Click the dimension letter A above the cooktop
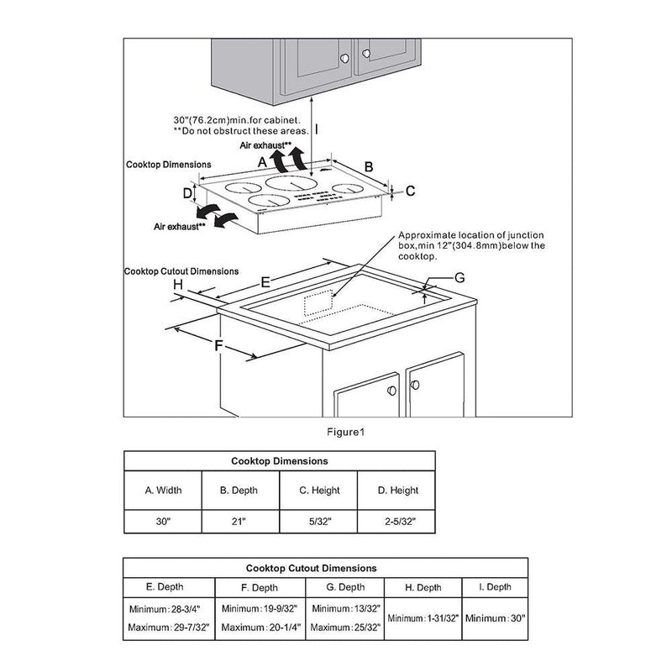point(263,160)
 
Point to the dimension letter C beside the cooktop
point(411,192)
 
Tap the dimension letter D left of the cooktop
point(188,194)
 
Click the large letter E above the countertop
point(265,281)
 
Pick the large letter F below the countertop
point(218,346)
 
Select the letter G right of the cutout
point(459,277)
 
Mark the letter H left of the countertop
point(178,285)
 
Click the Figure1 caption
point(345,433)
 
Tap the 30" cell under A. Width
point(162,522)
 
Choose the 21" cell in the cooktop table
point(239,522)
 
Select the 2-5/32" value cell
point(396,522)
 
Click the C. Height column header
point(318,491)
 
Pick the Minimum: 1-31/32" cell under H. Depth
point(424,618)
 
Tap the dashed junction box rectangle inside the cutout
point(319,304)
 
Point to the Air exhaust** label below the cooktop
point(180,227)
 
